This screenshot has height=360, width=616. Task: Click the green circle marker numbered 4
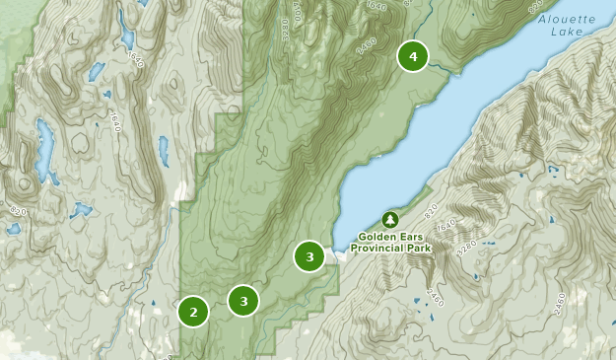click(x=413, y=57)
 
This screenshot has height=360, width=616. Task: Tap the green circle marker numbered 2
click(x=193, y=313)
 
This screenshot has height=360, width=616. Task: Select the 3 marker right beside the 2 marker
click(x=243, y=301)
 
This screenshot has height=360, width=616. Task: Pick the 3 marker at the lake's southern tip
click(x=309, y=257)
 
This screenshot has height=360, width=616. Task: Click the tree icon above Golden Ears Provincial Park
click(x=389, y=218)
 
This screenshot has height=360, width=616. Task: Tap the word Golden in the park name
click(x=376, y=237)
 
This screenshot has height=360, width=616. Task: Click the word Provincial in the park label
click(x=385, y=250)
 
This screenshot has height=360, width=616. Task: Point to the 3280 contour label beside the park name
click(x=467, y=244)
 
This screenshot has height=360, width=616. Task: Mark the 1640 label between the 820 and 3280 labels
click(x=447, y=228)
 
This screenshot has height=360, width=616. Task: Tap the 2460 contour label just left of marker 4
click(x=368, y=45)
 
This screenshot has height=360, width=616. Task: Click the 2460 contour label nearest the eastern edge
click(x=560, y=300)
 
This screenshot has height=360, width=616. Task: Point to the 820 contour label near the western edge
click(x=17, y=211)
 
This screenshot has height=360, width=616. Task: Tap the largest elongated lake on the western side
click(x=44, y=145)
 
